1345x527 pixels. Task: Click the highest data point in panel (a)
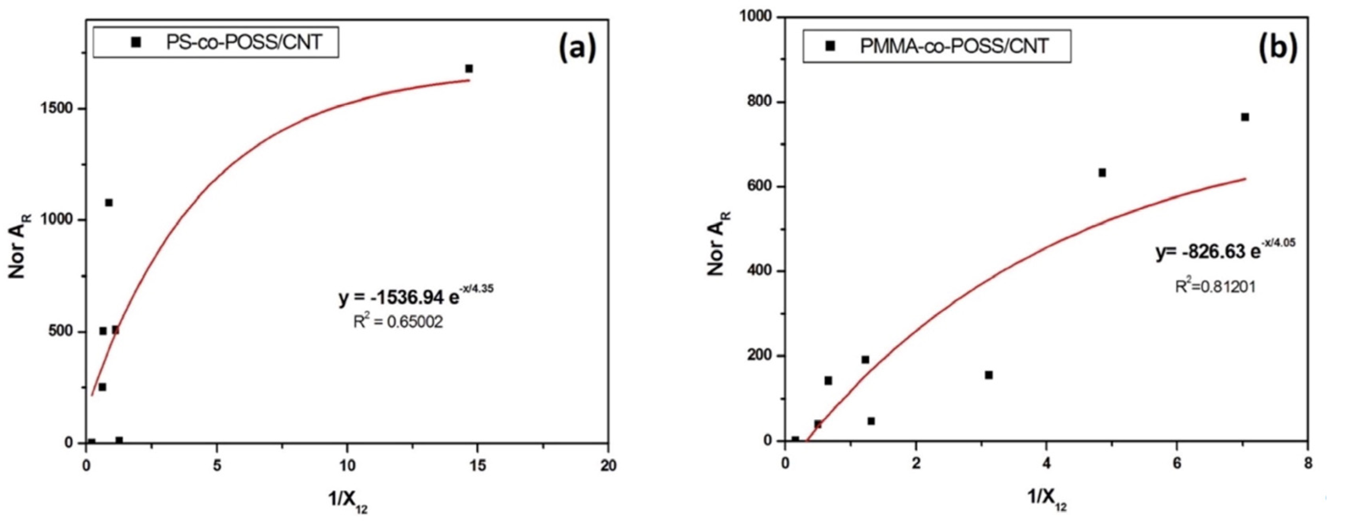[x=469, y=68]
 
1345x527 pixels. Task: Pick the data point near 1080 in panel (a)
[x=108, y=203]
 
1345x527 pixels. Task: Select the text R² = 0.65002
[x=398, y=322]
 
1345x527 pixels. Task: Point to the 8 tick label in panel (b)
[x=1307, y=464]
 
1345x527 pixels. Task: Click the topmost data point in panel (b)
[x=1245, y=117]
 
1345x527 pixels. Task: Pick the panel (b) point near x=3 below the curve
[x=988, y=375]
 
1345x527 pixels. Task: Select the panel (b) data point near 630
[x=1102, y=172]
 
